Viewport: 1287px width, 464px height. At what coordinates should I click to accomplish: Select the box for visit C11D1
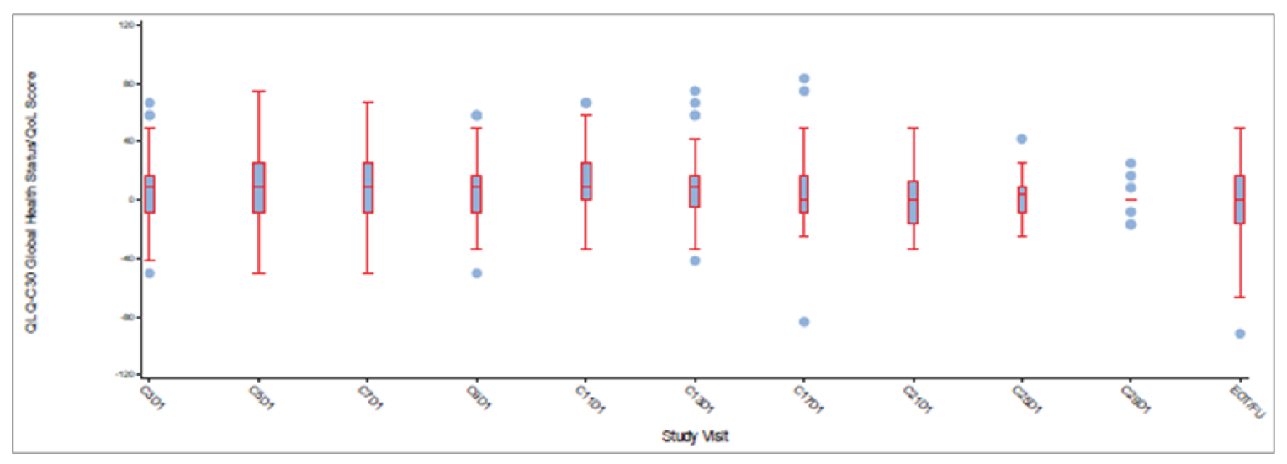click(x=585, y=181)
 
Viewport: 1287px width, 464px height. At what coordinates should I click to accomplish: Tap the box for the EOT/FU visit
click(x=1239, y=199)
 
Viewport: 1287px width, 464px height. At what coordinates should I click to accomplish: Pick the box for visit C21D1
click(x=913, y=202)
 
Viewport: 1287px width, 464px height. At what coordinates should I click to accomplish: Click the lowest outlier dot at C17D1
click(x=803, y=322)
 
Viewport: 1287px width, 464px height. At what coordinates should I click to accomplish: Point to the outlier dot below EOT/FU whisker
click(x=1240, y=334)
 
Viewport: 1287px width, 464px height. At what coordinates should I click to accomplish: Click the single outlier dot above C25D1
click(x=1021, y=139)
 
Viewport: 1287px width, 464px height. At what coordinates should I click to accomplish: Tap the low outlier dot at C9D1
click(x=477, y=273)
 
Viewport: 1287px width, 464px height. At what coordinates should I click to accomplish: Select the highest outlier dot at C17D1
click(x=803, y=79)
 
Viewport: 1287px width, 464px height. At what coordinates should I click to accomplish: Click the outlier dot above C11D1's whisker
click(x=585, y=103)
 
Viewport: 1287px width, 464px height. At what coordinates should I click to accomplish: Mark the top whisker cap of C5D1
click(x=258, y=91)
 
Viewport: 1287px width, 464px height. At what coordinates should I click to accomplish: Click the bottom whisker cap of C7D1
click(x=368, y=273)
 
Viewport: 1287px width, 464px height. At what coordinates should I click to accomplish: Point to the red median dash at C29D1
click(x=1131, y=199)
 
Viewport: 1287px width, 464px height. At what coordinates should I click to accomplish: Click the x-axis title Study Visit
click(x=694, y=436)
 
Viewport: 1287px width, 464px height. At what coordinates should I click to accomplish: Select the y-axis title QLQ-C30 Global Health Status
click(x=30, y=201)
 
